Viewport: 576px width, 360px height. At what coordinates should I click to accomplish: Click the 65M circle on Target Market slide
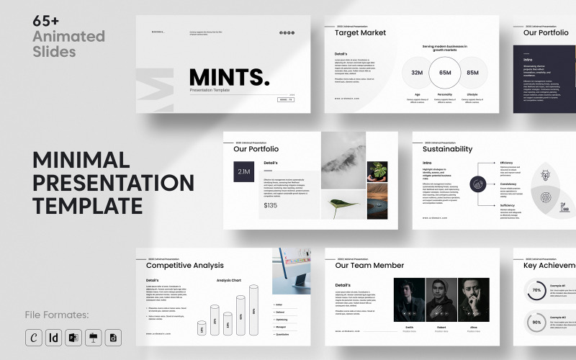[445, 72]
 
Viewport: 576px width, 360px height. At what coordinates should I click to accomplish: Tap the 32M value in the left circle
[417, 73]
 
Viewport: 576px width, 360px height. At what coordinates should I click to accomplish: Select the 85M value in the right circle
[473, 73]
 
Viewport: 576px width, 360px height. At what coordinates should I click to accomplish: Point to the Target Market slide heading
[361, 32]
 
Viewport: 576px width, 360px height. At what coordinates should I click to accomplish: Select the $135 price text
[271, 205]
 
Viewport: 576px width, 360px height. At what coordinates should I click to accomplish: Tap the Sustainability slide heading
[448, 149]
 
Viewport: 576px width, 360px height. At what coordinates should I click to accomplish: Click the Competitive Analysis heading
[185, 266]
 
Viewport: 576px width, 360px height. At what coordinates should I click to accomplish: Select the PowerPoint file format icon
[74, 337]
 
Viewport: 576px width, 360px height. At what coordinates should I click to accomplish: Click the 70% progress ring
[536, 291]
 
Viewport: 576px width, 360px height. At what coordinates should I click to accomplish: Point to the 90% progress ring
[536, 323]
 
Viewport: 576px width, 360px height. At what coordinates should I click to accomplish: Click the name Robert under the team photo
[441, 327]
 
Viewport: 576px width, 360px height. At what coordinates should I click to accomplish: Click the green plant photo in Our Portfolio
[377, 171]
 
